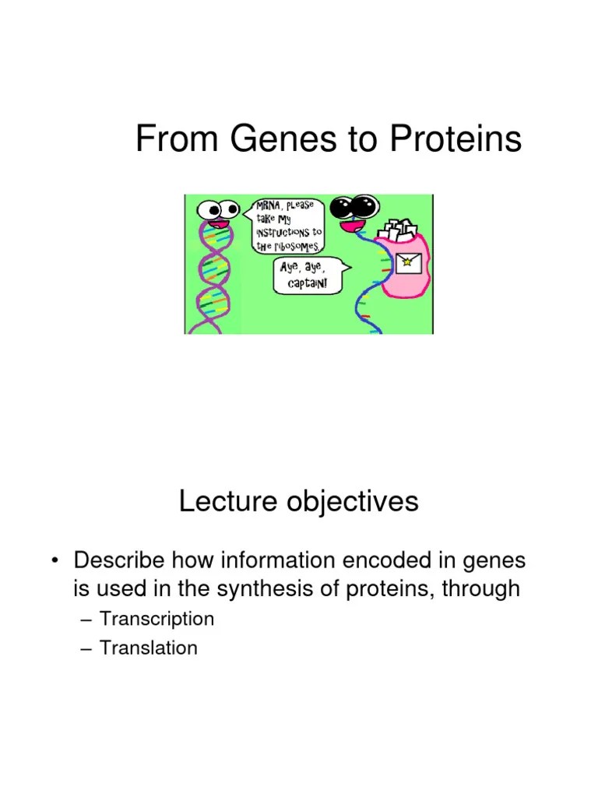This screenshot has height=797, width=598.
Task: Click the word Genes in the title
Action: coord(272,140)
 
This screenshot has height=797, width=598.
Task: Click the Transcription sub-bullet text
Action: coord(157,620)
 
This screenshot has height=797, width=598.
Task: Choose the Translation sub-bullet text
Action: coord(149,648)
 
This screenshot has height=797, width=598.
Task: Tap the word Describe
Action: coord(118,560)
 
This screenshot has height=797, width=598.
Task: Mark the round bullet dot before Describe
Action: coord(55,561)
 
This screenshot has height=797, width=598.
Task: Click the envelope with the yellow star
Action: coord(405,263)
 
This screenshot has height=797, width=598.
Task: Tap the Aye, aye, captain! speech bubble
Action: coord(309,276)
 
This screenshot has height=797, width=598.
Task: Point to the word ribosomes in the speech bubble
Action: coord(293,245)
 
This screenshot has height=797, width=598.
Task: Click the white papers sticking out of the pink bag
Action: coord(398,231)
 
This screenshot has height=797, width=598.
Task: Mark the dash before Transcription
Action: coord(86,620)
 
